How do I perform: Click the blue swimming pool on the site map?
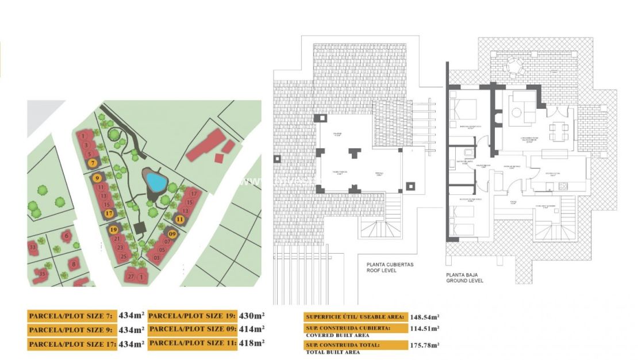pos(155,182)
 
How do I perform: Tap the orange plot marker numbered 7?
pos(92,163)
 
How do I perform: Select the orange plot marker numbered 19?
pos(113,229)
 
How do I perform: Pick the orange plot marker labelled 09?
pos(172,233)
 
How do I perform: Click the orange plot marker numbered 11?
pos(179,219)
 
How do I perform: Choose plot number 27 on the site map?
pos(131,277)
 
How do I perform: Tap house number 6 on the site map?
pos(67,235)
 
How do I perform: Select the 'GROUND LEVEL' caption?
pos(465,281)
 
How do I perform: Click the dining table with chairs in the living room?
pos(559,132)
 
